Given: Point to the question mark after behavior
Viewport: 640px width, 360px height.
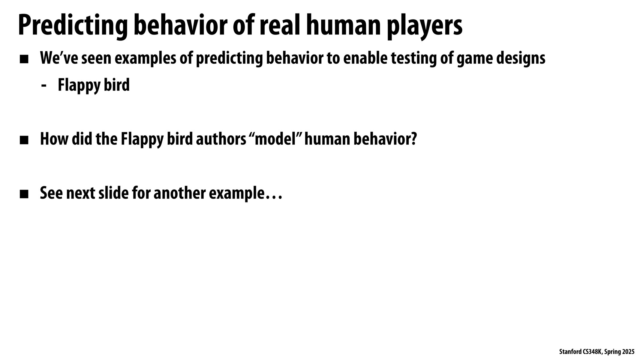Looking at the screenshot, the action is tap(413, 139).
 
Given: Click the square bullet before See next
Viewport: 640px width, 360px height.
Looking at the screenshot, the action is tap(24, 194).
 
